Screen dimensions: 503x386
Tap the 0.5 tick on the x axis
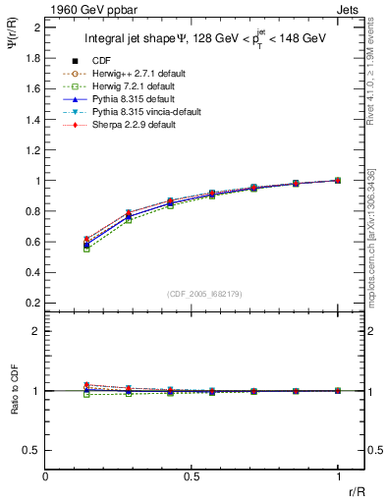pos(192,476)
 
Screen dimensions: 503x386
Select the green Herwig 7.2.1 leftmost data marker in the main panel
pos(86,249)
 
